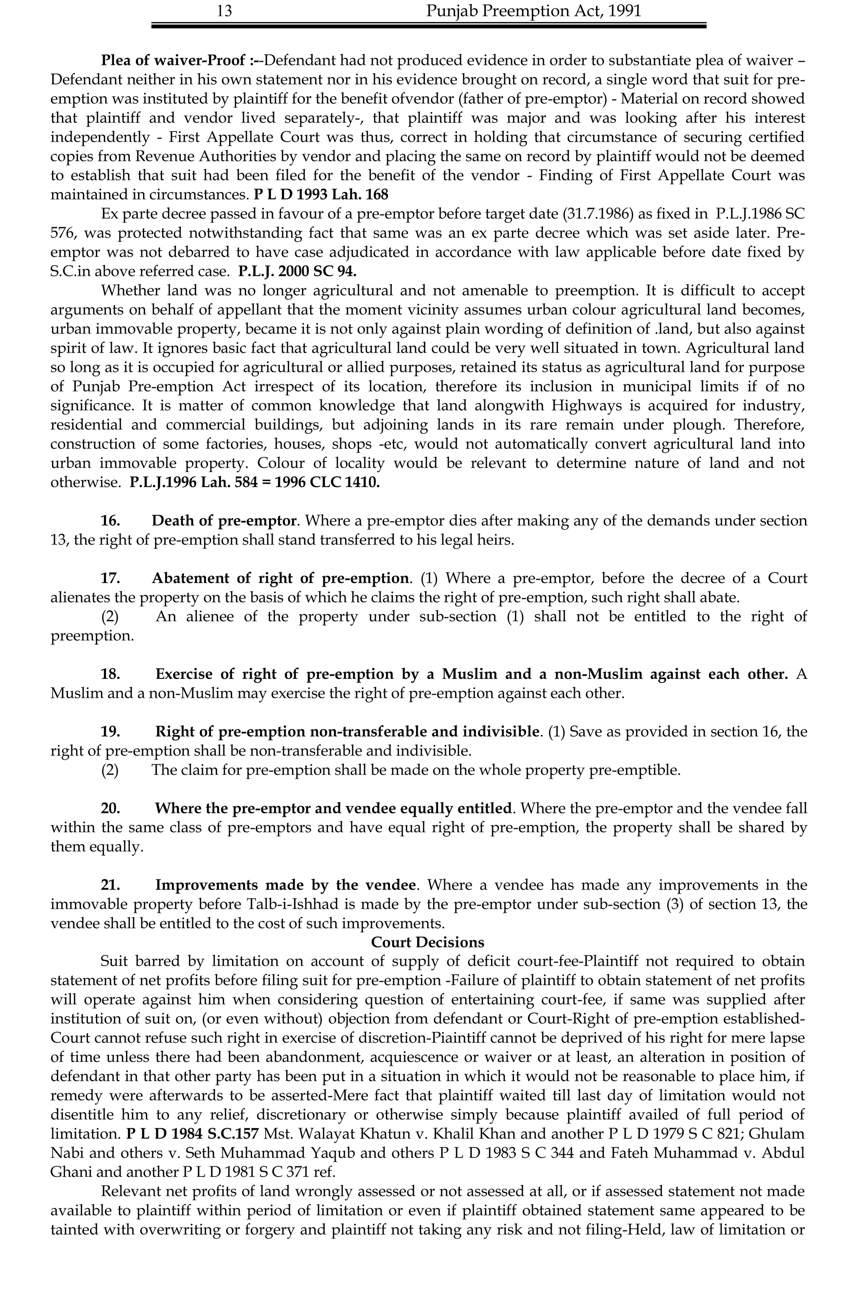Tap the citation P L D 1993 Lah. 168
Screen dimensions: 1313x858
[x=321, y=195]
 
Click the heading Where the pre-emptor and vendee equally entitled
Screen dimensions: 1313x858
[x=333, y=808]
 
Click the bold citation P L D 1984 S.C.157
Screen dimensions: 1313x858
[x=192, y=1134]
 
